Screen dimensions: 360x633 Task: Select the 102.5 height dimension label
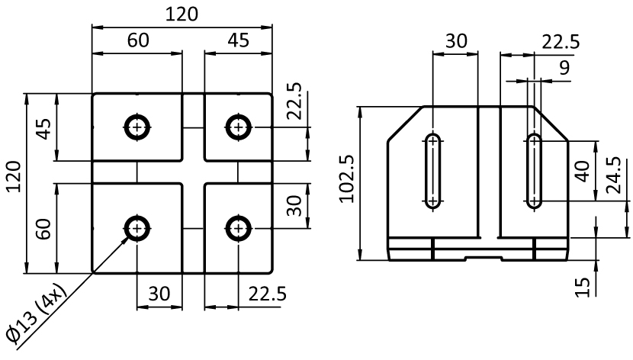345,179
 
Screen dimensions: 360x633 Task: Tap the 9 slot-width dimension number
564,67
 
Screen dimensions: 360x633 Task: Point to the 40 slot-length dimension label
582,171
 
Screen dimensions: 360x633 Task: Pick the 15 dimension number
583,287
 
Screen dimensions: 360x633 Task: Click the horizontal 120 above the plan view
182,14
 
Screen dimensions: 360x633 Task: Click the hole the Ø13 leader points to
137,227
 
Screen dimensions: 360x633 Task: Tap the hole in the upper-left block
137,127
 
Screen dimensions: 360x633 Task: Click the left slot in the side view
433,171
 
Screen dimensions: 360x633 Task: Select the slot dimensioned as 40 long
534,171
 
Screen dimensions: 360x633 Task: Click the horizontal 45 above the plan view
238,40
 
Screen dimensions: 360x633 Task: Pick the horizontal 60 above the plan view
137,40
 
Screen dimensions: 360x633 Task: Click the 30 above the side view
456,40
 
